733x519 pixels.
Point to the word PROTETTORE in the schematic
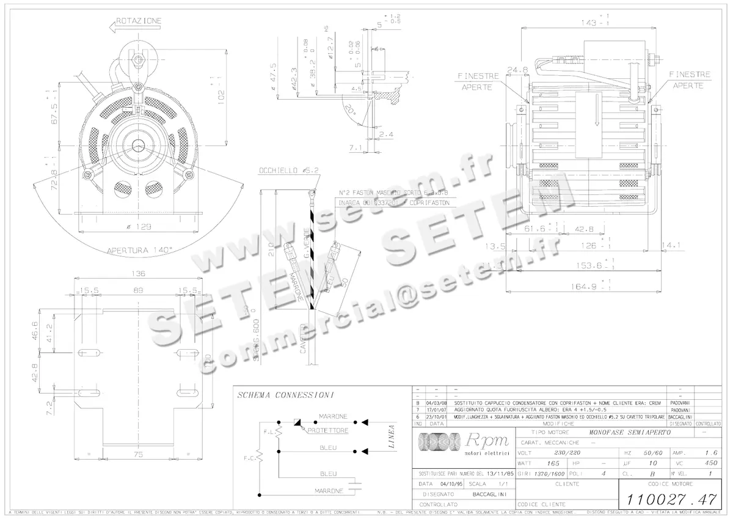click(328, 430)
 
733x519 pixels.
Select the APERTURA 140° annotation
click(140, 250)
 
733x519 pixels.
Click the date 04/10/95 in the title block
click(443, 484)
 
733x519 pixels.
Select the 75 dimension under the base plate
click(138, 454)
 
